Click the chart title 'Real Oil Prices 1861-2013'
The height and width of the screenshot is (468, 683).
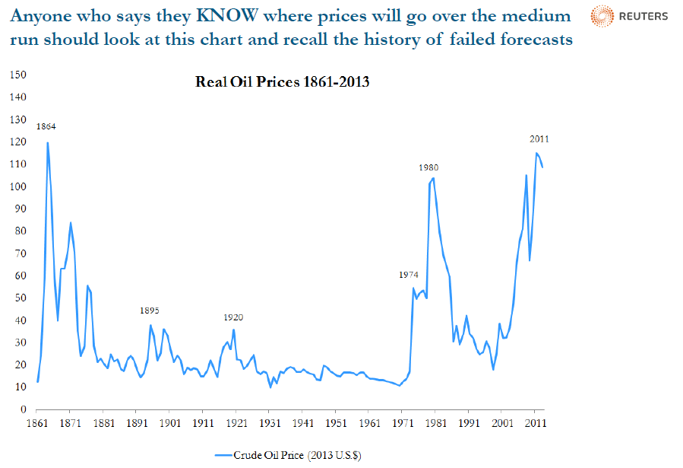(x=283, y=81)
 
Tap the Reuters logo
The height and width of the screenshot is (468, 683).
(x=629, y=16)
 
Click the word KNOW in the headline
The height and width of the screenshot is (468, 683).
(x=226, y=16)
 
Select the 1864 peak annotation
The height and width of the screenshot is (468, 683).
(x=46, y=126)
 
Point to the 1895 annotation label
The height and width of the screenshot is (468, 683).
(x=150, y=310)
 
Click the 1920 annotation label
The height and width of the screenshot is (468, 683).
(x=233, y=317)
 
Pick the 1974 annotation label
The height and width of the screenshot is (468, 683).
(x=409, y=275)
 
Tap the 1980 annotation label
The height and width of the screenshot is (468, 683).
(x=428, y=167)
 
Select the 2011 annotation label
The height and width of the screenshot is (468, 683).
(x=539, y=139)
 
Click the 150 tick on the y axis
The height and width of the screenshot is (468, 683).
(x=18, y=75)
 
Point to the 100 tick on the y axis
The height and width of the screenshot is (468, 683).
(x=18, y=186)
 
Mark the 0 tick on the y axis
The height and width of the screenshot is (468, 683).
(x=24, y=409)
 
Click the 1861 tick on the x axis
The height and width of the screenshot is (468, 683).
(x=37, y=423)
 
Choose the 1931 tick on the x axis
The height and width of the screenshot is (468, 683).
(x=270, y=423)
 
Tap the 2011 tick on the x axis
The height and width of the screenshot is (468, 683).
(x=536, y=423)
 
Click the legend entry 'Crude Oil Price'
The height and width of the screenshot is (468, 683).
(x=289, y=455)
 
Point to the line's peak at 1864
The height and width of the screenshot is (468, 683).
(x=47, y=142)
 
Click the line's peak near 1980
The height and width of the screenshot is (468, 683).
(x=433, y=178)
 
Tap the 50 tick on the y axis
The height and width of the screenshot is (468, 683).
(x=21, y=298)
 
